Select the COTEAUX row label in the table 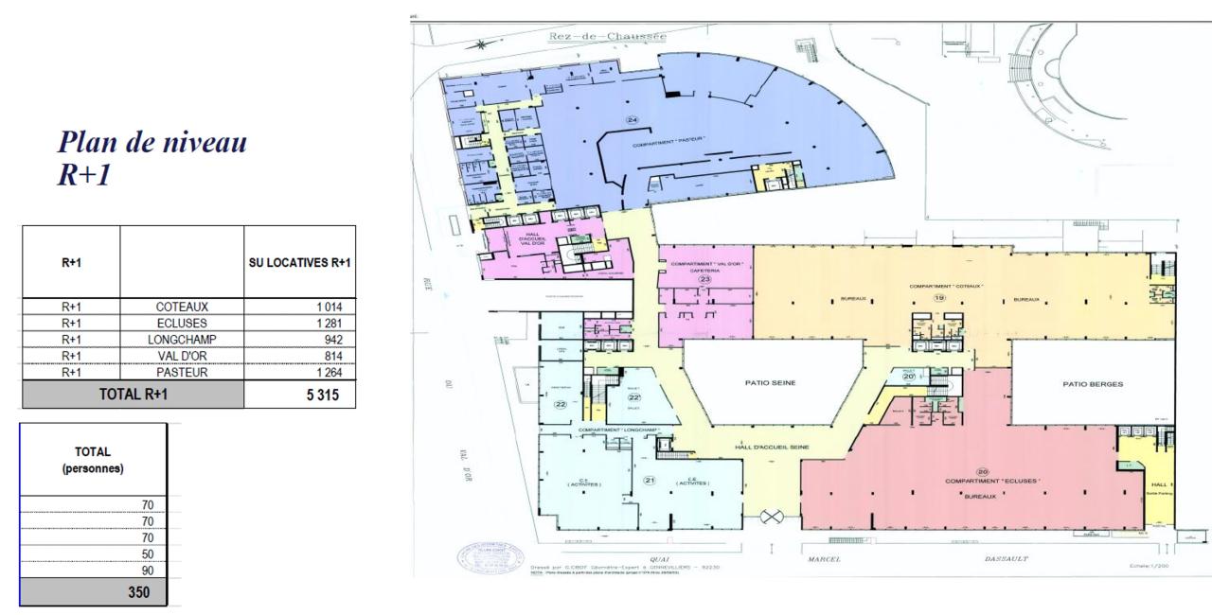(182, 307)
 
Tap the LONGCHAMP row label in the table (182, 339)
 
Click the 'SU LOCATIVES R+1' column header (299, 262)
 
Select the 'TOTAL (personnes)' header (94, 461)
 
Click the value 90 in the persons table (147, 571)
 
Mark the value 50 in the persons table (147, 553)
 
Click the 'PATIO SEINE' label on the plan (773, 383)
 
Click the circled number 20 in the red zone (982, 472)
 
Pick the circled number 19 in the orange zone (939, 297)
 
